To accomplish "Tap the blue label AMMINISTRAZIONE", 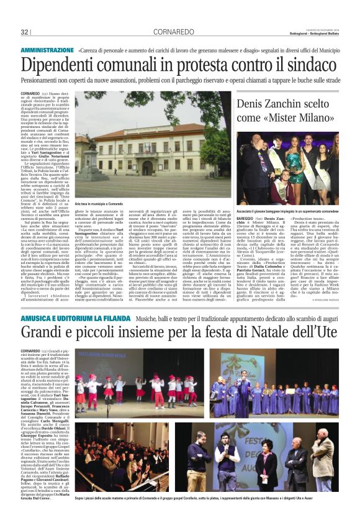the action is tap(47, 49).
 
